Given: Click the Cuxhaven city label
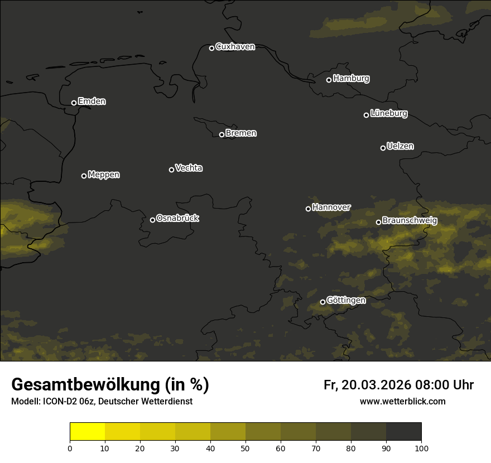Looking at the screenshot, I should (235, 47).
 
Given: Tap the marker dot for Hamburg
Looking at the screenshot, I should (329, 80).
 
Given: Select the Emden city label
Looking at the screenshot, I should (92, 102).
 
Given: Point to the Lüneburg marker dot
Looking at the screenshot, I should (367, 115).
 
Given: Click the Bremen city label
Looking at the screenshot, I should (241, 133).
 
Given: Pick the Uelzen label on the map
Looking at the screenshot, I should (400, 146).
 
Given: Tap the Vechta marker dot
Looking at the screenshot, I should (171, 170).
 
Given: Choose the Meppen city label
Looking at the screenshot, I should (104, 175).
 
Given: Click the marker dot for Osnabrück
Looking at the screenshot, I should (152, 220).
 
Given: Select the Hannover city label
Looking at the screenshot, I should (331, 208).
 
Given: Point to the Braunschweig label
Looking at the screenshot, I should (410, 221).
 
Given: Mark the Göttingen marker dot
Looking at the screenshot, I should (322, 302).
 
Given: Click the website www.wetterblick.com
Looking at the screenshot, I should (402, 401).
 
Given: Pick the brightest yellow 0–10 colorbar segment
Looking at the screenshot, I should (88, 432).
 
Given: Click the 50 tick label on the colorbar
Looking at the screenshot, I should (245, 448).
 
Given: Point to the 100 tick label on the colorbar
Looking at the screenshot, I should (421, 448).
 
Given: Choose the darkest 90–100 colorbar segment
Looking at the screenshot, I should (403, 432).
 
